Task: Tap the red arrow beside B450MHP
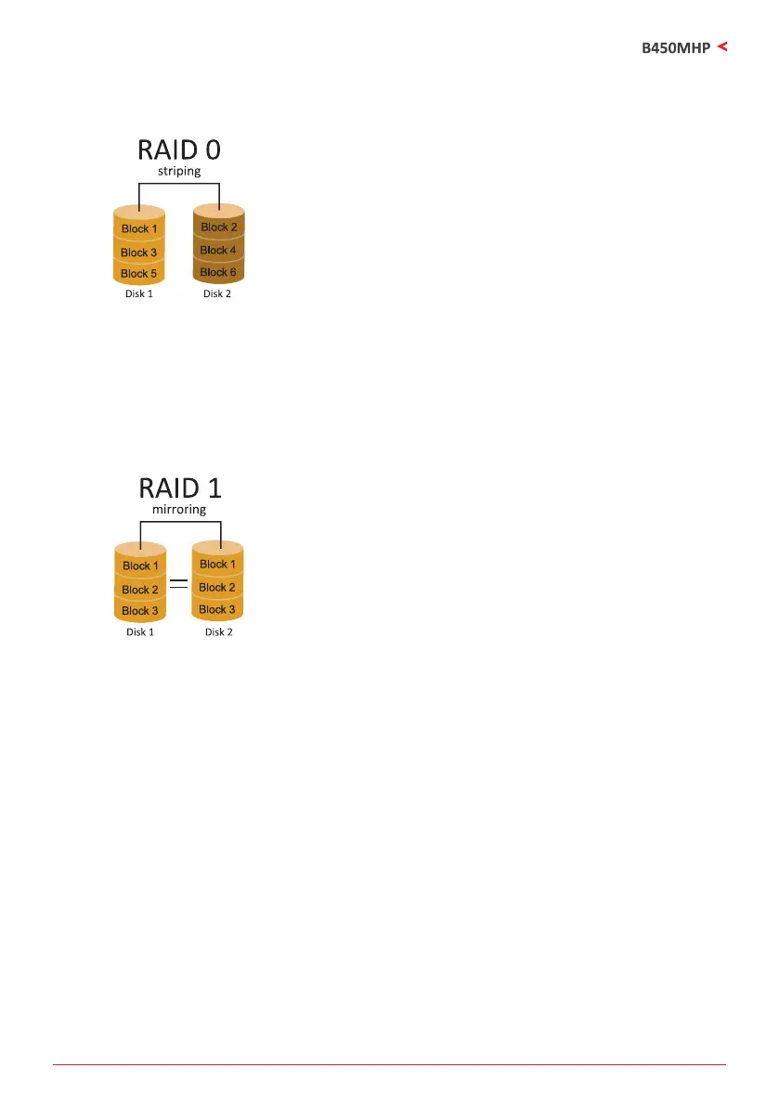coord(722,45)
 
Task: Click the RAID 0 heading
coord(179,150)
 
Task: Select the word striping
coord(179,171)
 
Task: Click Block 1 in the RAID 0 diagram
coord(139,228)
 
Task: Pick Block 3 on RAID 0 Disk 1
coord(139,253)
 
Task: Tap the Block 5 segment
coord(139,274)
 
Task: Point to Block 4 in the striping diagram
coord(219,251)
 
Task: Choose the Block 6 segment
coord(219,272)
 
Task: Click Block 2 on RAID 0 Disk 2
coord(219,227)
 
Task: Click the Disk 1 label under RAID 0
coord(139,293)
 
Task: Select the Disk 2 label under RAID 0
coord(217,293)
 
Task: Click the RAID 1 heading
coord(179,488)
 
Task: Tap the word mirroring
coord(179,509)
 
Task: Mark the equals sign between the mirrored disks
coord(179,584)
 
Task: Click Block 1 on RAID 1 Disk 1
coord(140,566)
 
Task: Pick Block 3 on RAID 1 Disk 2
coord(218,610)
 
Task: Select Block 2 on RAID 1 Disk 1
coord(140,590)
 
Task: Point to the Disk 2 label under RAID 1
coord(218,631)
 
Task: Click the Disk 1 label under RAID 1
coord(140,631)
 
